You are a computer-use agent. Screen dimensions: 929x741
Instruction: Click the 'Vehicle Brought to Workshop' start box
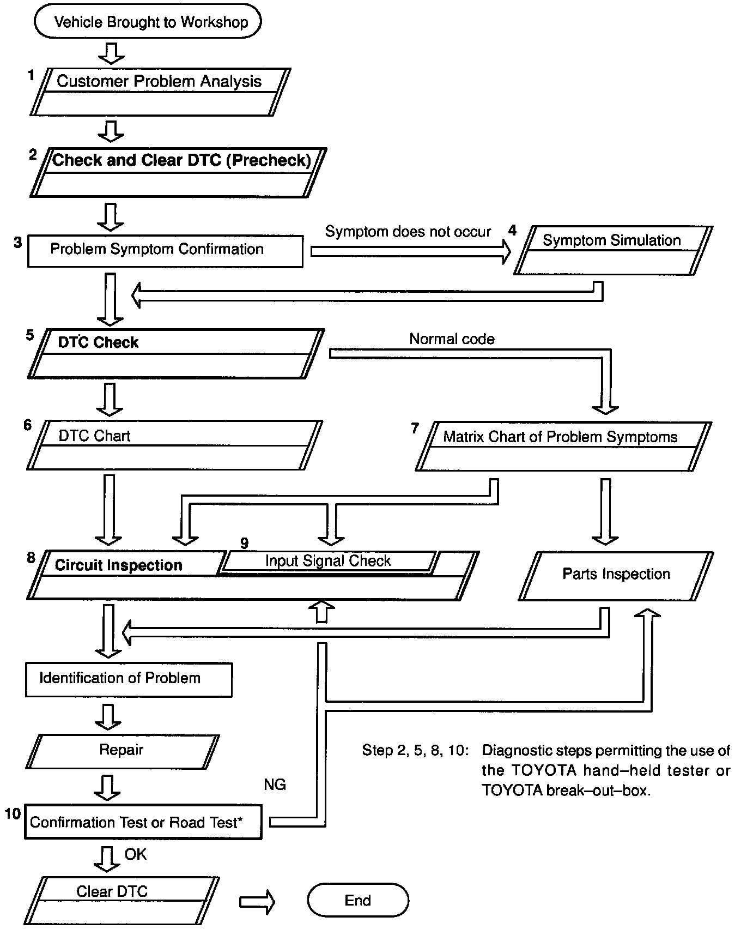148,22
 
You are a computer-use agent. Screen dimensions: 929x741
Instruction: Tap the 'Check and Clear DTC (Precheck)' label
181,160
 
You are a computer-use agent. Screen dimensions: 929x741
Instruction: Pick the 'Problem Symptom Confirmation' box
165,251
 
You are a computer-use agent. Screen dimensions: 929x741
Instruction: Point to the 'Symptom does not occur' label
408,232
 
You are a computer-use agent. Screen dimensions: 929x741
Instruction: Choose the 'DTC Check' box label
98,342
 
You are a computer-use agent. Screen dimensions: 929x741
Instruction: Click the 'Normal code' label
452,339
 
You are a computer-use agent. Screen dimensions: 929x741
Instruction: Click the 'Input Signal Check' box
328,561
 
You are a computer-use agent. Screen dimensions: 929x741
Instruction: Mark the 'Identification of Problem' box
129,679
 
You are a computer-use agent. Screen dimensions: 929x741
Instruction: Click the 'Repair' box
121,750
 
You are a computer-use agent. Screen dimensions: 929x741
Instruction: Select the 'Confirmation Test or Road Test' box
143,822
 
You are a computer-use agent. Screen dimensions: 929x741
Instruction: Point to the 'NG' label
275,785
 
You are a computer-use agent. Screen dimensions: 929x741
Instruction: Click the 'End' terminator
357,900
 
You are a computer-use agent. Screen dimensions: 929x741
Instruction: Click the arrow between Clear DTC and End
257,902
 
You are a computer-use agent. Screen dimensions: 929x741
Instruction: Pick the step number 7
415,429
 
